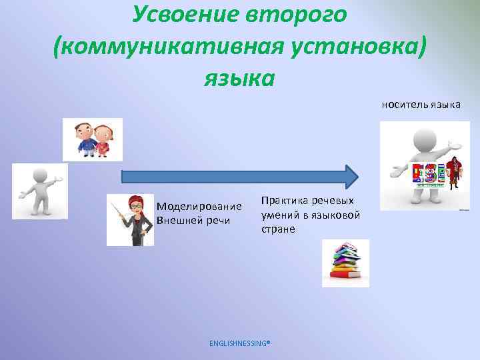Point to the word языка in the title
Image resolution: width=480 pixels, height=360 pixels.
[x=239, y=79]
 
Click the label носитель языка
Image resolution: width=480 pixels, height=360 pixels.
[x=421, y=105]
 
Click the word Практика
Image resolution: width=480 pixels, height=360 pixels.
[x=285, y=201]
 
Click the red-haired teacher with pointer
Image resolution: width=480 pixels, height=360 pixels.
[x=133, y=221]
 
